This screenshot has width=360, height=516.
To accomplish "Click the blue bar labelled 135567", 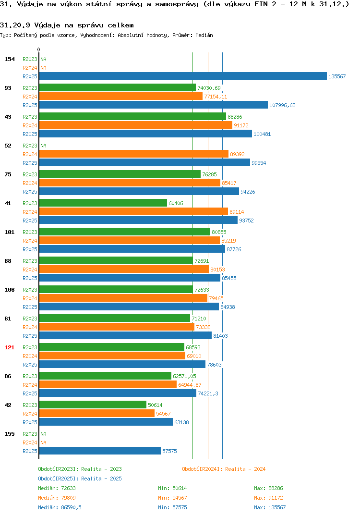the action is [183, 76].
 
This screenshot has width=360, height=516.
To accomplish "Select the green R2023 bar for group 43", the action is [132, 116].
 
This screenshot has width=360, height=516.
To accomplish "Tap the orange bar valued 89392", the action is [134, 154].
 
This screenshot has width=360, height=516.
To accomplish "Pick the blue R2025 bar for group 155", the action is [100, 451].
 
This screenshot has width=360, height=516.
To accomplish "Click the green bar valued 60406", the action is [103, 203].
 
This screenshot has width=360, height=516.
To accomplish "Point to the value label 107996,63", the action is [282, 105].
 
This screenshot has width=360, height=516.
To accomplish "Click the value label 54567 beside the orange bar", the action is [163, 414].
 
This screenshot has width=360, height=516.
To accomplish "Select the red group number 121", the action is [10, 347].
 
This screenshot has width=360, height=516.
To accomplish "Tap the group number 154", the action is [10, 59].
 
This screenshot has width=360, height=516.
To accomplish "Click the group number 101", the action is [10, 232].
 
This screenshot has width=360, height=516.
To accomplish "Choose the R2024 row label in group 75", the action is [30, 183].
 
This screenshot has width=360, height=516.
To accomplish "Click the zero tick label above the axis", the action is [39, 49].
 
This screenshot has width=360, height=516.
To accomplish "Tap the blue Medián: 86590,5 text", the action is [60, 507].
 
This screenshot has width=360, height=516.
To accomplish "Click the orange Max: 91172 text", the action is [268, 498].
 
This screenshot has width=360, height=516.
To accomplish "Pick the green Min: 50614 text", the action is [172, 488].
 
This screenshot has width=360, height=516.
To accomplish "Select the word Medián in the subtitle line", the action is [204, 35].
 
